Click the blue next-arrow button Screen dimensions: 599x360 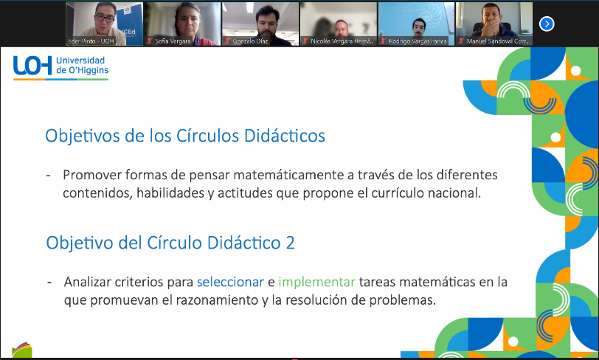tap(547, 24)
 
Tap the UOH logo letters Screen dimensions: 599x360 tap(32, 66)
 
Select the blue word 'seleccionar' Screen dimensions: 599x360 tap(230, 282)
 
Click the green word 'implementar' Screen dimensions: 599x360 tap(316, 282)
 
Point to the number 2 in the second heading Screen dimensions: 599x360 tap(290, 243)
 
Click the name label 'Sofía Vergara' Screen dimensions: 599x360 tap(173, 41)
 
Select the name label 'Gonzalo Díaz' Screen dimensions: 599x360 tap(250, 41)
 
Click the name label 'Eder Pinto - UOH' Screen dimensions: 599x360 tap(91, 41)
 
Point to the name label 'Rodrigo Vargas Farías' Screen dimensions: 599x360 tap(418, 41)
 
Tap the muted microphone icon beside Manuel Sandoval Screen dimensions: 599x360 tap(461, 41)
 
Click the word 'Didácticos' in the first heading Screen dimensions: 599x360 tap(285, 136)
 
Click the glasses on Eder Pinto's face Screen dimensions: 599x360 tap(105, 18)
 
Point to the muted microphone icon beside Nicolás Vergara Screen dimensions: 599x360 tap(305, 41)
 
